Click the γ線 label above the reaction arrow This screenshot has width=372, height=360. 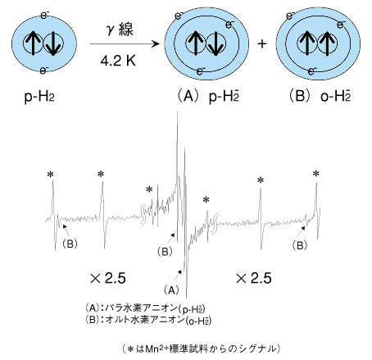tap(120, 30)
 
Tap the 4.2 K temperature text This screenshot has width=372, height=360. tap(118, 61)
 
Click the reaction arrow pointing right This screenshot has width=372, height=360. tap(125, 43)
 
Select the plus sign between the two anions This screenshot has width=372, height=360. tap(262, 43)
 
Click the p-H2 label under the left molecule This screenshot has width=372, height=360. tap(39, 97)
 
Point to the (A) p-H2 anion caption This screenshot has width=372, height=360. tap(208, 97)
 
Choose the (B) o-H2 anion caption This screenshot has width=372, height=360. tap(320, 97)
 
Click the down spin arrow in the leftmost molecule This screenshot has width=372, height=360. tap(53, 43)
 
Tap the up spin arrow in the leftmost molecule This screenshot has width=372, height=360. tap(34, 43)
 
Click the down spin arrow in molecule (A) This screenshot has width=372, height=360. tap(215, 43)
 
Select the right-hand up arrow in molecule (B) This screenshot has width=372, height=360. tap(327, 43)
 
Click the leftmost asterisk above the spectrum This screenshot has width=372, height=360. tap(50, 174)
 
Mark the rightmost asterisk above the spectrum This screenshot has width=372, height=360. tap(316, 173)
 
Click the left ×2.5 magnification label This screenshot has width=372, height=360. tap(108, 278)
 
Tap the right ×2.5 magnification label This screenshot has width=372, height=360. tap(253, 278)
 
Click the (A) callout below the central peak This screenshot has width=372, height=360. tap(171, 290)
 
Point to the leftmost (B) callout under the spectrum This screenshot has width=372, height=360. tap(70, 244)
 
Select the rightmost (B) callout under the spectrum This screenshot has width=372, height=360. tap(300, 245)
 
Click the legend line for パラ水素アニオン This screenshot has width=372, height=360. tap(145, 308)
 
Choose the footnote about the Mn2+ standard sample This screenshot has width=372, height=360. tap(202, 349)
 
